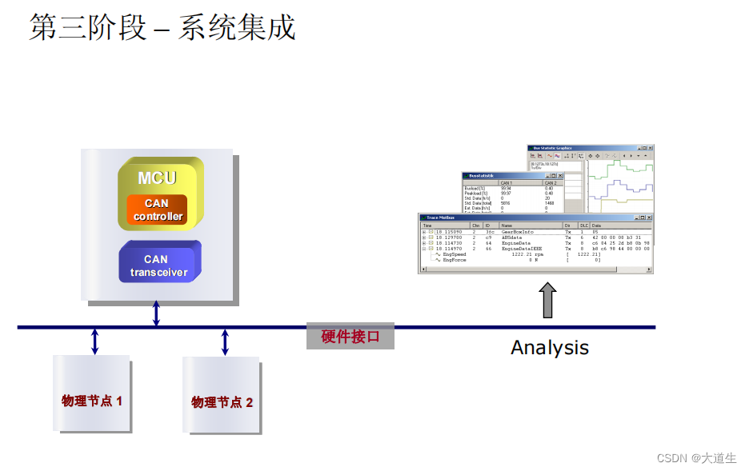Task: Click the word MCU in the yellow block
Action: (157, 178)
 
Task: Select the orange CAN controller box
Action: (157, 210)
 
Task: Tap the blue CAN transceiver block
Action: (158, 265)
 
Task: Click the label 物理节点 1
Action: (92, 400)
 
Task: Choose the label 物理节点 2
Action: (222, 401)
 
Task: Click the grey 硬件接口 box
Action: (350, 337)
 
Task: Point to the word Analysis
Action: (550, 348)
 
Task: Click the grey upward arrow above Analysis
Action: (547, 301)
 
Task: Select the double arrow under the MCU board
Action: (156, 313)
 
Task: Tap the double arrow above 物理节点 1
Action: (94, 341)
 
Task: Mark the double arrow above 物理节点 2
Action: (225, 341)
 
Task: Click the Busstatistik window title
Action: (485, 175)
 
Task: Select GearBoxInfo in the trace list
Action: (517, 232)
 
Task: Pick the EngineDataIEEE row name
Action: (521, 249)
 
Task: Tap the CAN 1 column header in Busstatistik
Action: (506, 183)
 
